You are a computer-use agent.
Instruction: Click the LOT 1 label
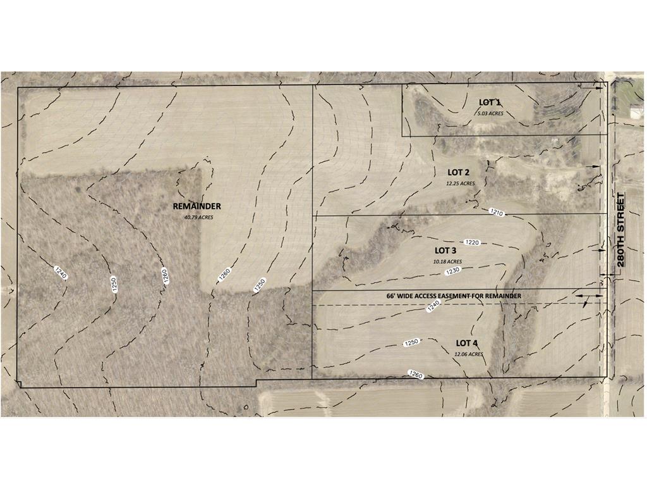tap(490, 103)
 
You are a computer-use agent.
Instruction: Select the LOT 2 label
tap(459, 172)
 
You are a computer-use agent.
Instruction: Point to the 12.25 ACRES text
tap(459, 184)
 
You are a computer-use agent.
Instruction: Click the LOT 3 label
tap(445, 251)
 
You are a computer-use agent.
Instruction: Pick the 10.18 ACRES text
tap(447, 261)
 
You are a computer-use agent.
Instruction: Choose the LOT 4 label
tap(467, 343)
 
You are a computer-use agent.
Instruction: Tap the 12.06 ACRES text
tap(468, 354)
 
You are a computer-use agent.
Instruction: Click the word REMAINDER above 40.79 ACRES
tap(197, 206)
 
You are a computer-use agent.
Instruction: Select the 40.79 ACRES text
tap(198, 217)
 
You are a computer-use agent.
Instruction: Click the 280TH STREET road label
tap(620, 232)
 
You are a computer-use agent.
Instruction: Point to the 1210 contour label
tap(496, 213)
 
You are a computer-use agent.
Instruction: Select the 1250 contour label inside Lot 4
tap(411, 342)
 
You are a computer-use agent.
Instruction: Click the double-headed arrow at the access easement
tap(588, 296)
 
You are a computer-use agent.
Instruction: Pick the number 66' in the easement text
tap(391, 296)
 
